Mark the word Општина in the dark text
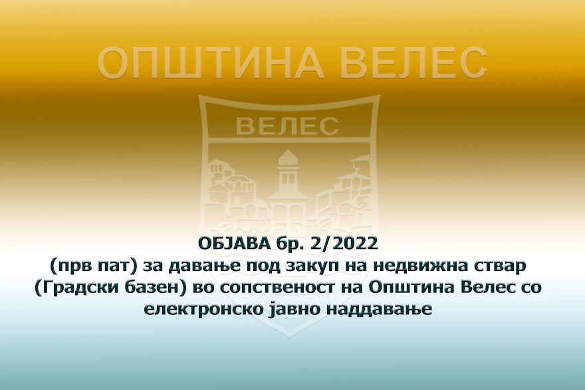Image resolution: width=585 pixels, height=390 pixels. [401, 290]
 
